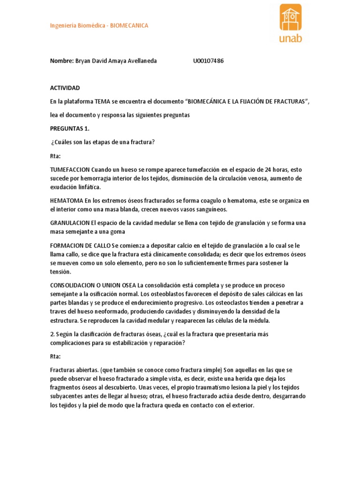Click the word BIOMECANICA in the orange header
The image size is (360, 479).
point(129,26)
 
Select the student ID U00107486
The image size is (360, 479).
point(208,61)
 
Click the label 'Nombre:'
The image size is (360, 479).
point(62,61)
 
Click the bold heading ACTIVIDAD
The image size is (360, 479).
point(65,88)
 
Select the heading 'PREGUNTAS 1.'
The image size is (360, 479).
point(69,129)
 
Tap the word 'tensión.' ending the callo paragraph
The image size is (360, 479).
point(61,272)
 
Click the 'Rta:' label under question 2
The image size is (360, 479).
point(55,356)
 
